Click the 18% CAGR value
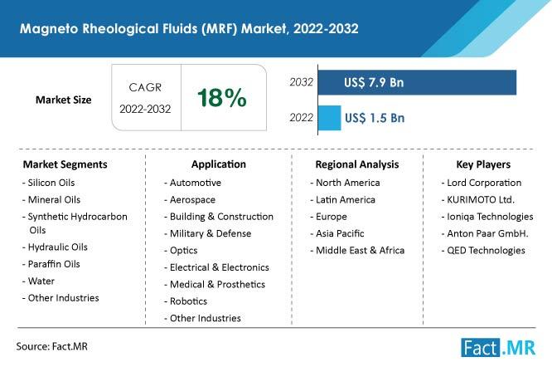pos(221,98)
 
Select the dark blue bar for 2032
pos(464,83)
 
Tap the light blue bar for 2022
pos(329,117)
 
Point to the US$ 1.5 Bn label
pos(374,117)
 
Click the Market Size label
pos(63,100)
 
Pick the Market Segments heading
pos(65,164)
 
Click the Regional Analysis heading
pos(357,164)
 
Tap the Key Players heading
pos(482,164)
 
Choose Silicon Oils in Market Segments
pos(51,183)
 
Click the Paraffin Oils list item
pos(53,264)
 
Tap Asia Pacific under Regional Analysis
pos(339,233)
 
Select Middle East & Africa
pos(357,250)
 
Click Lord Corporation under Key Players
pos(484,183)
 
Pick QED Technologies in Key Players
pos(486,250)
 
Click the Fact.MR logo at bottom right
pos(501,346)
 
